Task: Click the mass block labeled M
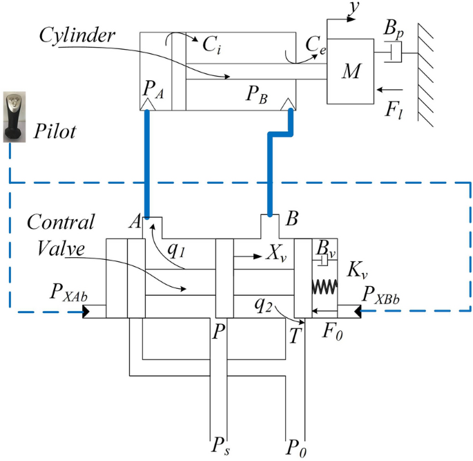tap(353, 73)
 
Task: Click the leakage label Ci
tap(211, 45)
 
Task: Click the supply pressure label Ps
tap(222, 442)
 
